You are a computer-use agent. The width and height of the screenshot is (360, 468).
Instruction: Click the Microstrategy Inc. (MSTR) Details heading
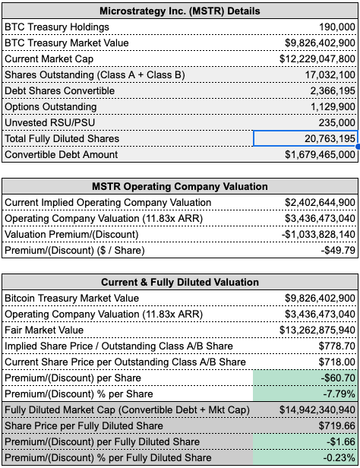(x=179, y=11)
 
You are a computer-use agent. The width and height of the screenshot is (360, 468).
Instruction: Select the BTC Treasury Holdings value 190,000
(x=337, y=27)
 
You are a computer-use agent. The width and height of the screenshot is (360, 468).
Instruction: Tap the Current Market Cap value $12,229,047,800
(x=317, y=58)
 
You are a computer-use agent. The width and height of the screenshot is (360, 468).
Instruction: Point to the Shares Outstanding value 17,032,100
(x=330, y=75)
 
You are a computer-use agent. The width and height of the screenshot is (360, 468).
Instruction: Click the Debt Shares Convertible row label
(x=60, y=90)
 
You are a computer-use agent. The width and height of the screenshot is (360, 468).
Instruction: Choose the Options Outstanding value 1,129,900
(x=333, y=107)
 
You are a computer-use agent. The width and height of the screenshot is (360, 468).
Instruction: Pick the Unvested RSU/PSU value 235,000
(x=336, y=122)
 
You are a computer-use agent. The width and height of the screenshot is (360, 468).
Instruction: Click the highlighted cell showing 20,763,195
(x=305, y=138)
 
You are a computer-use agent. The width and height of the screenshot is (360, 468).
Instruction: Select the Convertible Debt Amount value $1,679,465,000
(x=320, y=155)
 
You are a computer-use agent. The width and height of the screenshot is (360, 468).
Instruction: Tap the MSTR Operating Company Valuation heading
(x=179, y=187)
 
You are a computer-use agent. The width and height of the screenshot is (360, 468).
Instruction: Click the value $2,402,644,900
(x=320, y=202)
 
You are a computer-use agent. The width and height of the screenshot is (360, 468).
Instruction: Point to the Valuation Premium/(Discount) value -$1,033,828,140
(x=318, y=234)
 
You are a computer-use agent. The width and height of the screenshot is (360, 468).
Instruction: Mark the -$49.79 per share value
(x=338, y=250)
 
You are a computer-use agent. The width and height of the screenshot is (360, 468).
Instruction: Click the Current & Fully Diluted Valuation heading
(x=179, y=283)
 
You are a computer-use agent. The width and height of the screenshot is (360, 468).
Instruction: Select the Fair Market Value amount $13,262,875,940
(x=317, y=330)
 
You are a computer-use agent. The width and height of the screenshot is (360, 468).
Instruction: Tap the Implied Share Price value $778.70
(x=336, y=346)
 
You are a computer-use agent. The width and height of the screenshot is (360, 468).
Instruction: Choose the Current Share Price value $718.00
(x=336, y=362)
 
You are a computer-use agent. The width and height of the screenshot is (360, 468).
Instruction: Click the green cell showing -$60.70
(x=305, y=378)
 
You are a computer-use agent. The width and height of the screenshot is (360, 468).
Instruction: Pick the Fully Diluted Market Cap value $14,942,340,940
(x=317, y=409)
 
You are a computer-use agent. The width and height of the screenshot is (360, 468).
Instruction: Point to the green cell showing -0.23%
(x=305, y=457)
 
